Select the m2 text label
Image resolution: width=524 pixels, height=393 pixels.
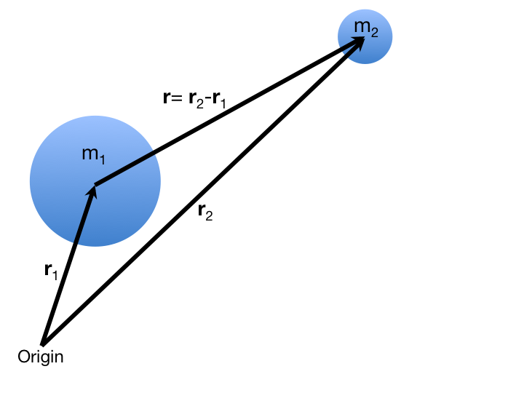click(366, 28)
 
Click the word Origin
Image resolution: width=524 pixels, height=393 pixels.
click(40, 357)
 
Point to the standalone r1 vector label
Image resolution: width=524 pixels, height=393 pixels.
click(50, 271)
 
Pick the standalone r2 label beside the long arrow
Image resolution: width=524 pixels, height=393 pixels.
click(205, 213)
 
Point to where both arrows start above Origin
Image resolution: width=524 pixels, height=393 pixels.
click(43, 344)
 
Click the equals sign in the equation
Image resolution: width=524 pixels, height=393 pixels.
click(177, 98)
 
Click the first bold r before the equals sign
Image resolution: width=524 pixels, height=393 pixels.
click(167, 98)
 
